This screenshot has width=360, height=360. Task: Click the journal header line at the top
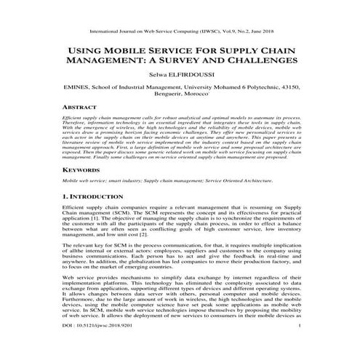pyautogui.click(x=179, y=33)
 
